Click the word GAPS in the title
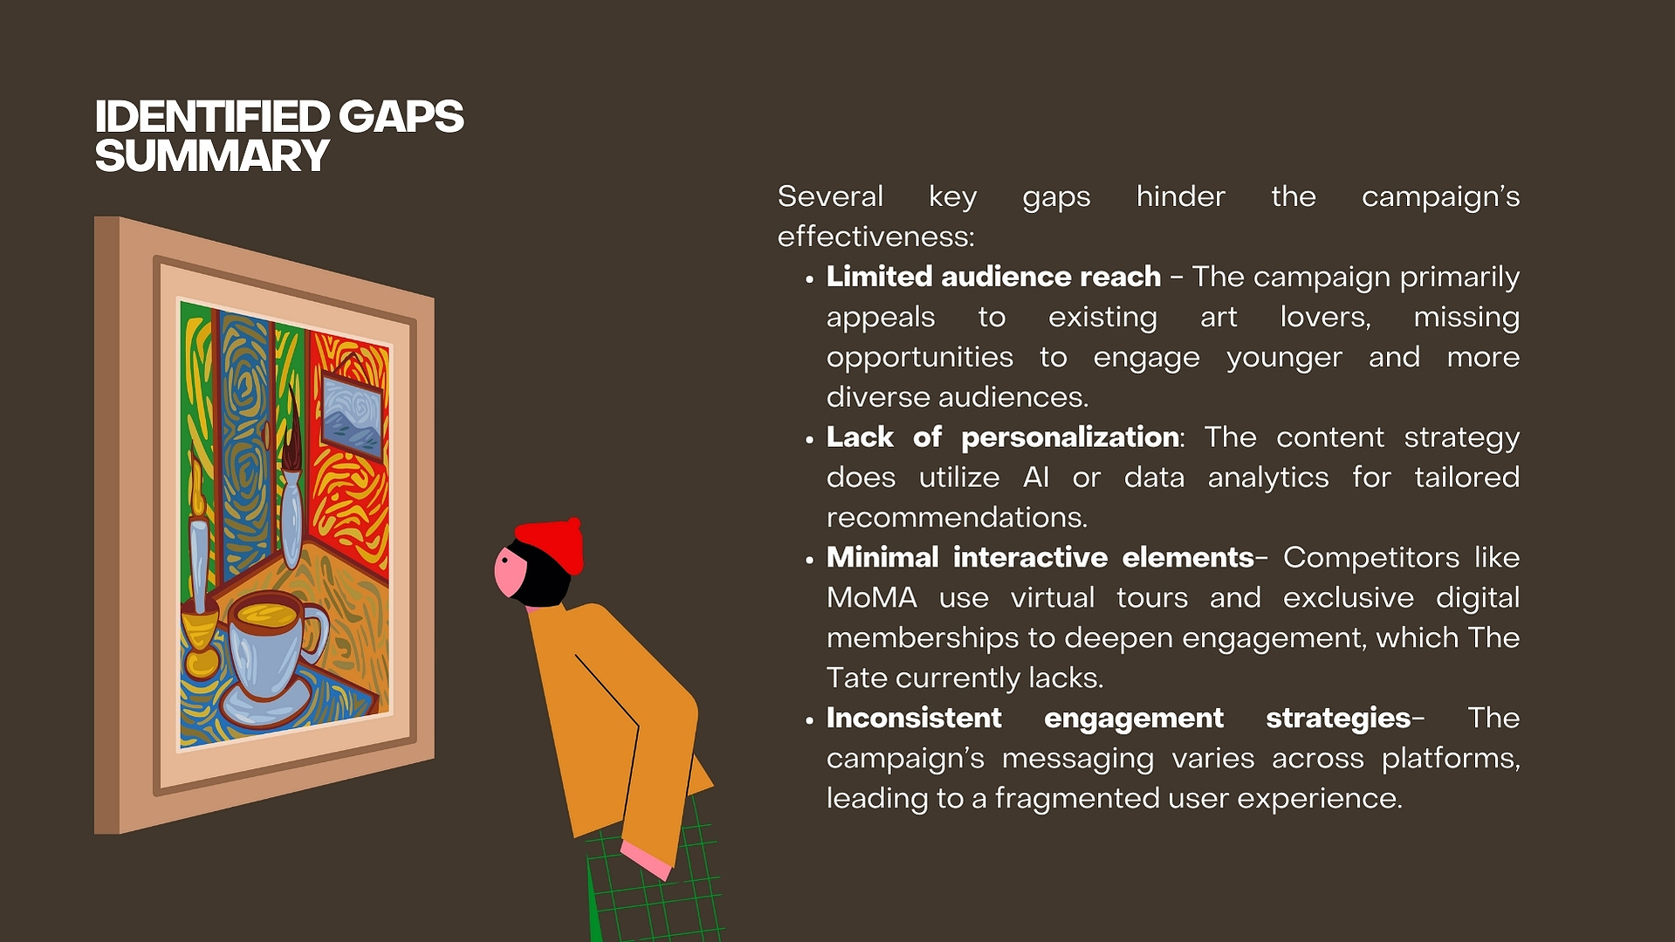click(401, 117)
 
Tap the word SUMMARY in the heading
click(212, 156)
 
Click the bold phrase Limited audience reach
click(993, 277)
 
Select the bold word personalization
click(1070, 437)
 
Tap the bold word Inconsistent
click(914, 718)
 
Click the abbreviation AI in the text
click(1035, 478)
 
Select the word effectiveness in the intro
click(875, 237)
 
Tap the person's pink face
click(510, 572)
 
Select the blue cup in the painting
click(275, 646)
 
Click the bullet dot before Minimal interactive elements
click(809, 560)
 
